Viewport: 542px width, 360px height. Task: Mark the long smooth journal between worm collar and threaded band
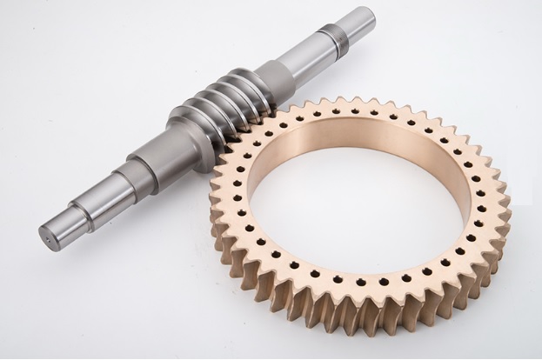304,57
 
